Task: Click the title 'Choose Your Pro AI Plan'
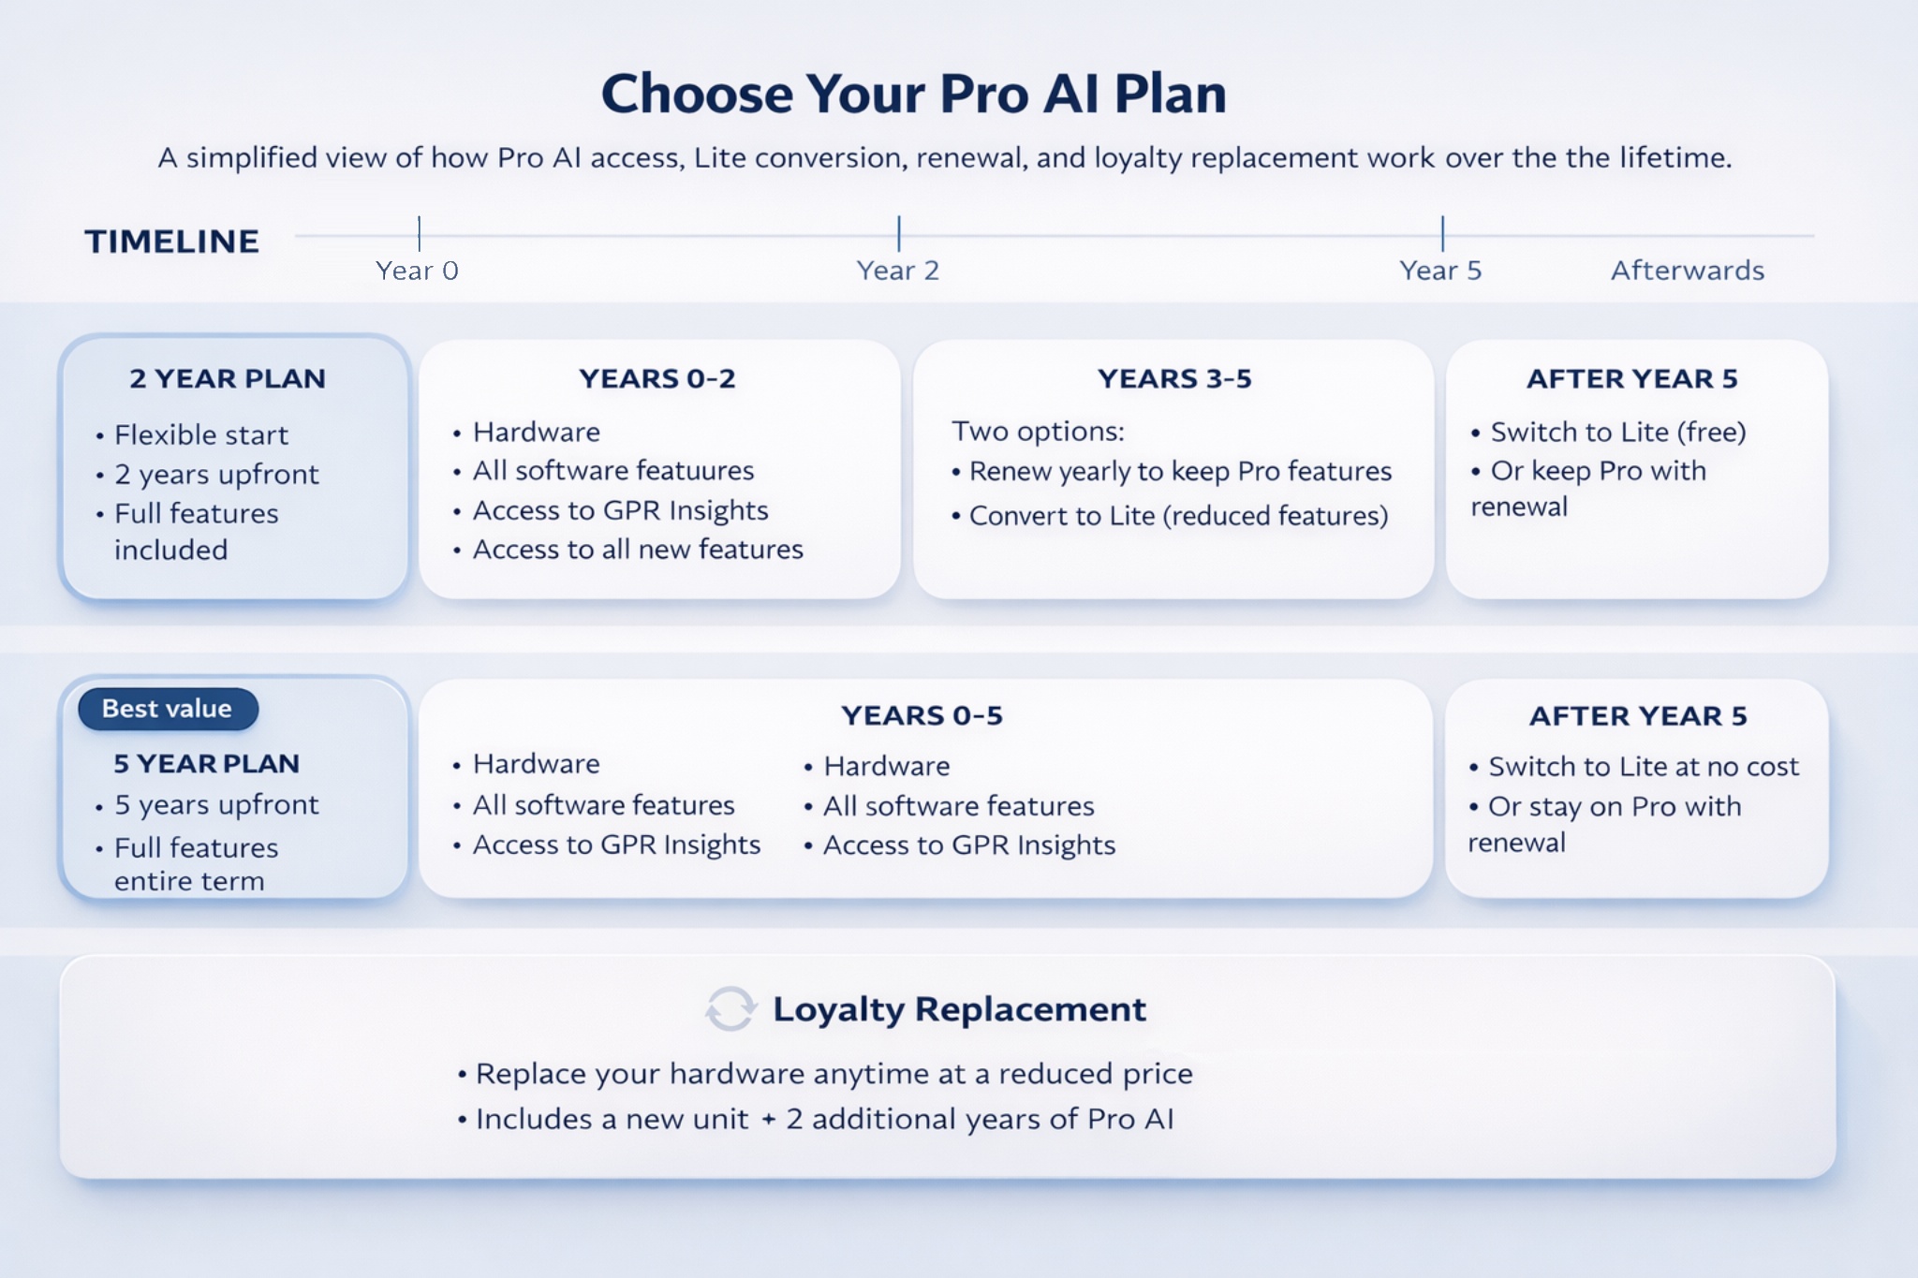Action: tap(913, 94)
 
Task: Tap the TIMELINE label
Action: tap(171, 242)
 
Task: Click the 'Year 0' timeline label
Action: tap(417, 271)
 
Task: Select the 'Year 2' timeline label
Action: tap(897, 271)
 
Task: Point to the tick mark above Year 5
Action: tap(1442, 233)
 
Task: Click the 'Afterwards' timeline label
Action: tap(1687, 271)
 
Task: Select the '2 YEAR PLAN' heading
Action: tap(228, 378)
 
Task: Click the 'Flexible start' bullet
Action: tap(200, 434)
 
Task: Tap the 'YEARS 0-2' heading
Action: tap(657, 378)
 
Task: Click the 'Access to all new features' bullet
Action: tap(637, 550)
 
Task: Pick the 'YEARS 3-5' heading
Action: tap(1174, 378)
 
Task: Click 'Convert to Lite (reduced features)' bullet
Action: tap(1177, 516)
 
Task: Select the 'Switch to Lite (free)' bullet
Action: tap(1617, 432)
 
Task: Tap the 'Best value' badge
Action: tap(168, 709)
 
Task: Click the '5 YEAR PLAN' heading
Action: tap(206, 763)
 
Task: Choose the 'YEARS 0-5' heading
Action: tap(922, 715)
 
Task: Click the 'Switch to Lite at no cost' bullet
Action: tap(1643, 767)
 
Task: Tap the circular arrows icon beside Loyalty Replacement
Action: tap(730, 1009)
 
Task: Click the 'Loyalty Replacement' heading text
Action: tap(959, 1009)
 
